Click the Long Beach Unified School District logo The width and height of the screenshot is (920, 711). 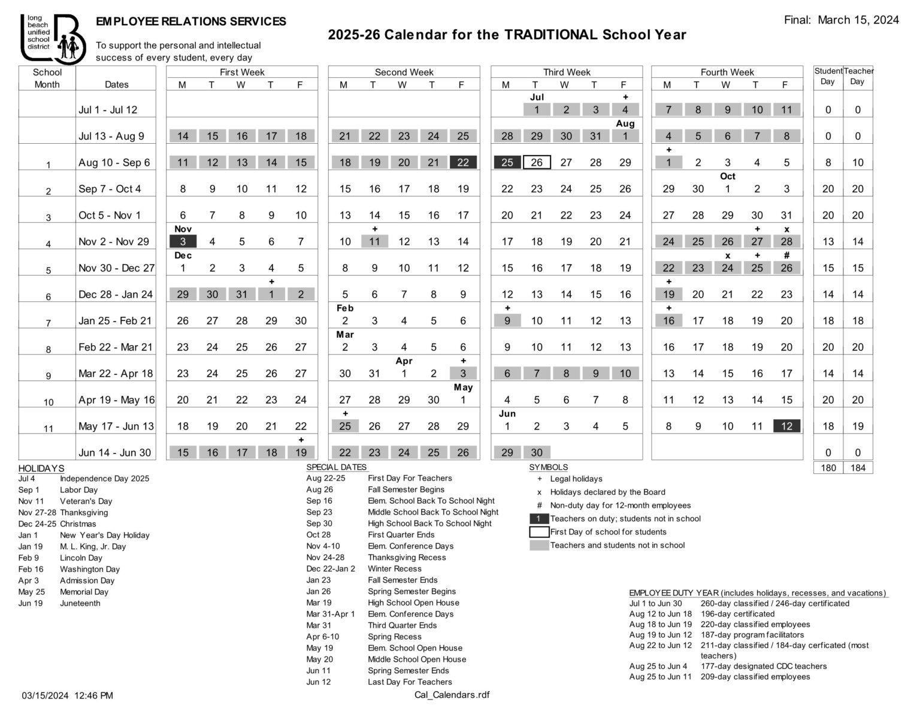pyautogui.click(x=52, y=38)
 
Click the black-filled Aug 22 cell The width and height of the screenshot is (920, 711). pyautogui.click(x=463, y=162)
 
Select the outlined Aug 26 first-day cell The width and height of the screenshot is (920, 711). pyautogui.click(x=536, y=162)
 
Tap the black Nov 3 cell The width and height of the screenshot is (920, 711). pyautogui.click(x=183, y=241)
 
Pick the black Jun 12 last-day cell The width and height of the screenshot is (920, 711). pyautogui.click(x=786, y=426)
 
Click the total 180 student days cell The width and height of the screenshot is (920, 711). pyautogui.click(x=828, y=468)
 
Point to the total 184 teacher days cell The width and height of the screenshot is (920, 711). pyautogui.click(x=858, y=468)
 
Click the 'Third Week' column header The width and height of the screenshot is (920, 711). pyautogui.click(x=566, y=72)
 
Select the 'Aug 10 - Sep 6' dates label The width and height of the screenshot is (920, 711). pyautogui.click(x=114, y=162)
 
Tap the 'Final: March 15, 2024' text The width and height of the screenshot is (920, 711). pyautogui.click(x=841, y=20)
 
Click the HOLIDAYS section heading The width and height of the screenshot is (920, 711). pyautogui.click(x=41, y=468)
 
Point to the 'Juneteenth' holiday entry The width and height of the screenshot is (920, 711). pyautogui.click(x=80, y=603)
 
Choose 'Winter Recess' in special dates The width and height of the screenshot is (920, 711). pyautogui.click(x=395, y=568)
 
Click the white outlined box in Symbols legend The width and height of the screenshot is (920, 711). pyautogui.click(x=539, y=532)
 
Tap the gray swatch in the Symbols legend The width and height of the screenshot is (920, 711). pyautogui.click(x=539, y=545)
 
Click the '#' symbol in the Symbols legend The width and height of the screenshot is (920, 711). pyautogui.click(x=539, y=506)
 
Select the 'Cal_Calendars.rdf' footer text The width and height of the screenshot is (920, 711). pyautogui.click(x=452, y=695)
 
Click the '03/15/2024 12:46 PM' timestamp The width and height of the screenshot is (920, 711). pyautogui.click(x=67, y=695)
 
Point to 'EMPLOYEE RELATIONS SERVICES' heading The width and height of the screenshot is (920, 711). pyautogui.click(x=191, y=22)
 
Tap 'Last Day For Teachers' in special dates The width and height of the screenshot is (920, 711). pyautogui.click(x=410, y=682)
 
